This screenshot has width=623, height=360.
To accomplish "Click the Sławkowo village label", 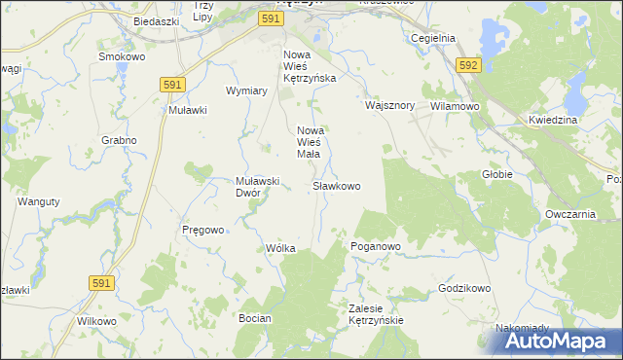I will coord(337,185).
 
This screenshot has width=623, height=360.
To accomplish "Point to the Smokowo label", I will coord(123,57).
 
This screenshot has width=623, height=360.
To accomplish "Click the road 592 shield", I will coord(468,65).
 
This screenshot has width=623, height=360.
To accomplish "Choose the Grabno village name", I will coord(119,140).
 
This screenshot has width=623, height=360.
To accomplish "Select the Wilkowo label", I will coord(96,320).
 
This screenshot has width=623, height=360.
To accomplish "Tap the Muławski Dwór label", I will coord(258,186).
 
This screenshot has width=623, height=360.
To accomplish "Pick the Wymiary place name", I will coord(246,90).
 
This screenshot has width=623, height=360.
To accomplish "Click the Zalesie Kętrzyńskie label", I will coord(376,313).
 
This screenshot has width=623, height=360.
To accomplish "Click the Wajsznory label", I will coord(390,105).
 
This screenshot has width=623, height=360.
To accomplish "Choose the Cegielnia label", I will coord(434,38).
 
